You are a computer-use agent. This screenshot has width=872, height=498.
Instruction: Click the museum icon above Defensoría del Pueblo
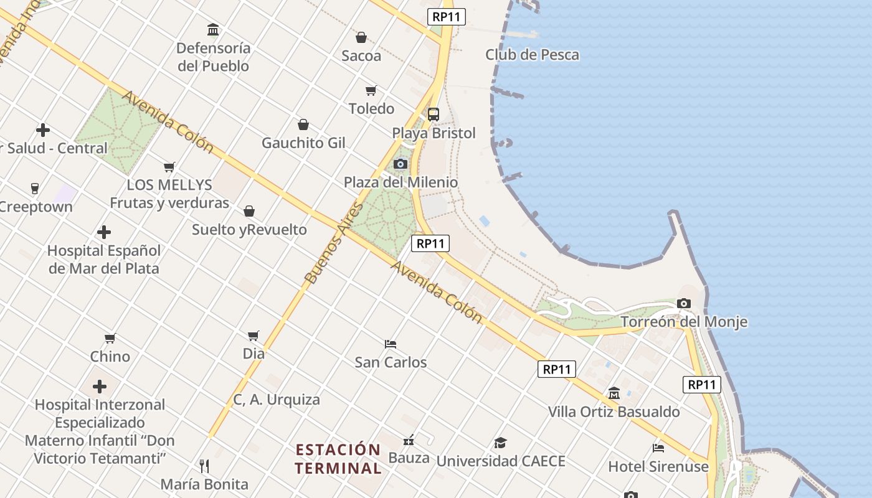(x=213, y=29)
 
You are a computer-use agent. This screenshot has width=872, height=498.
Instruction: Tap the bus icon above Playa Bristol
(x=433, y=115)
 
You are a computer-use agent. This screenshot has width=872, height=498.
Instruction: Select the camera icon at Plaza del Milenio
(x=400, y=164)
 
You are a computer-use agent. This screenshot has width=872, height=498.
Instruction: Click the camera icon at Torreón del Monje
(x=684, y=304)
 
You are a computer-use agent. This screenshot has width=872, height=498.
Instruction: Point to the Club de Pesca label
(x=532, y=55)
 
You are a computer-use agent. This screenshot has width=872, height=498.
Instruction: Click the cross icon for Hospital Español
(x=104, y=233)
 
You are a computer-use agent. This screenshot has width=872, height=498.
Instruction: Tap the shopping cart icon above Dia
(x=254, y=336)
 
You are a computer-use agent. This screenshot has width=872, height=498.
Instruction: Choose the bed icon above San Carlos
(x=391, y=344)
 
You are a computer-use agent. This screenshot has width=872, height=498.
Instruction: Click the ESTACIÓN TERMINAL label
(x=338, y=459)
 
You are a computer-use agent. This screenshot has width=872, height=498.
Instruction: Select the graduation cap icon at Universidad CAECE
(x=500, y=443)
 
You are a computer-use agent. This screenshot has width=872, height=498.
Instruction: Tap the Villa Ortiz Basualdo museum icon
(x=614, y=393)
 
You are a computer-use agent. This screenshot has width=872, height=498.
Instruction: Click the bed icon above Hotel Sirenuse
(x=658, y=448)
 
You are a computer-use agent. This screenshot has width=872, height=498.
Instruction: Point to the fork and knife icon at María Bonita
(x=204, y=466)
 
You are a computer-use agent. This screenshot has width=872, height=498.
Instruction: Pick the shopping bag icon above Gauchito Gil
(x=303, y=125)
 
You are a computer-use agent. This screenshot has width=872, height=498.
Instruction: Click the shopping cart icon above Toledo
(x=371, y=91)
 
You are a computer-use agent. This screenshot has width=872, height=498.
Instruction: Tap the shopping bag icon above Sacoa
(x=361, y=37)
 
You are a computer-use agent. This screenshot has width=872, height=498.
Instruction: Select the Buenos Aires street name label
(x=334, y=243)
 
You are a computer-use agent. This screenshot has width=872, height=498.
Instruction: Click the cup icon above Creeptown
(x=35, y=188)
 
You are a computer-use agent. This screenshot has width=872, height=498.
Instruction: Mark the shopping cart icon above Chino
(x=110, y=338)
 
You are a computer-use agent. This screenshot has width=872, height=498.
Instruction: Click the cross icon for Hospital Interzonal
(x=100, y=387)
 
